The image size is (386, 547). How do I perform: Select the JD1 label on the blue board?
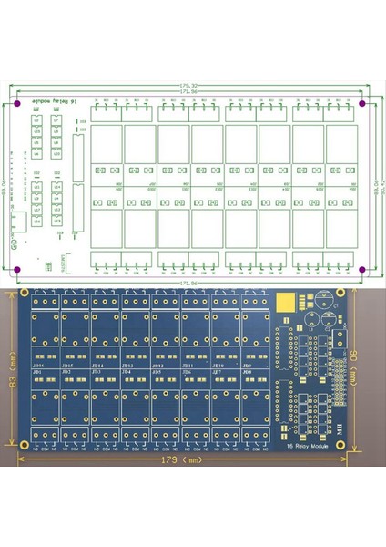pyautogui.click(x=38, y=372)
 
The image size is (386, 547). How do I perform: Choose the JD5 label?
pyautogui.click(x=157, y=372)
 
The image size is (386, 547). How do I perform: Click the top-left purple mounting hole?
pyautogui.click(x=17, y=102)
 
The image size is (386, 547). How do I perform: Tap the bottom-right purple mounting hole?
pyautogui.click(x=361, y=268)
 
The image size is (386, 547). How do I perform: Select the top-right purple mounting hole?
pyautogui.click(x=361, y=102)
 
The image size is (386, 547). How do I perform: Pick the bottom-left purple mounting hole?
pyautogui.click(x=17, y=268)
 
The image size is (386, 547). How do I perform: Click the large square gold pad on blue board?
pyautogui.click(x=289, y=304)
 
